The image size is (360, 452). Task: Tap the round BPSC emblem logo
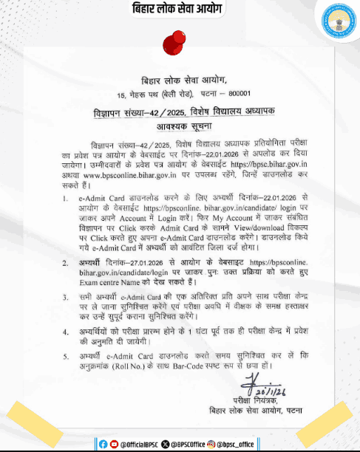pyautogui.click(x=336, y=23)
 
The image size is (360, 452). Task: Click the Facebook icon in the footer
pyautogui.click(x=103, y=443)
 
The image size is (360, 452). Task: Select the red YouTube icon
pyautogui.click(x=113, y=443)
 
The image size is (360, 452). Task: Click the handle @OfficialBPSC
pyautogui.click(x=142, y=443)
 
